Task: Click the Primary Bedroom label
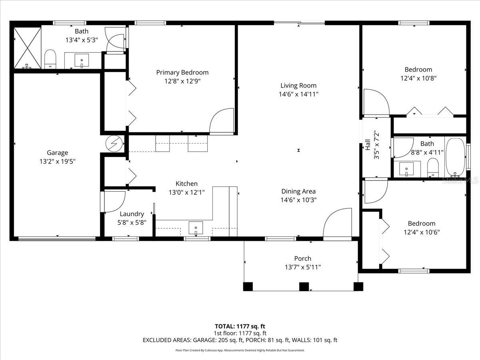coord(182,72)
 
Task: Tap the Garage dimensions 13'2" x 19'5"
coord(58,162)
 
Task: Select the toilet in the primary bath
coord(50,59)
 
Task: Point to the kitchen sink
coord(196,228)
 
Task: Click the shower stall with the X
coord(27,48)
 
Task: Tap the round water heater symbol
coord(114,144)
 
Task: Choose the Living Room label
coord(298,86)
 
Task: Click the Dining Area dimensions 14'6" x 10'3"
coord(298,200)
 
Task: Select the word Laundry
coord(132,214)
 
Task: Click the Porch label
coord(303,258)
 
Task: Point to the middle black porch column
coord(304,286)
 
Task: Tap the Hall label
coord(368,145)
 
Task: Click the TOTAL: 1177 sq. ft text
coord(240,326)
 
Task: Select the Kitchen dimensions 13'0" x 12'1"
coord(186,192)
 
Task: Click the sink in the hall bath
coord(406,169)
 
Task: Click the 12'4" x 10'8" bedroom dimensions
coord(418,78)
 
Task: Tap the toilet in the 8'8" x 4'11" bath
coord(433,168)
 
